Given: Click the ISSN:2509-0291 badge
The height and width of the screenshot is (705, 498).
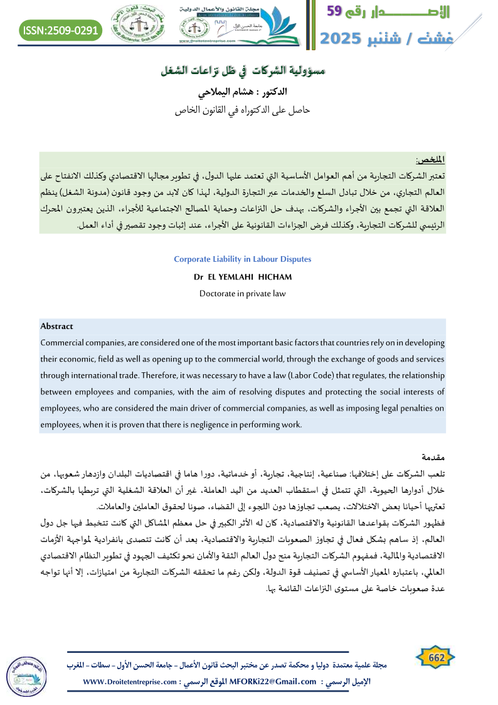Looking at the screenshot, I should coord(61,29).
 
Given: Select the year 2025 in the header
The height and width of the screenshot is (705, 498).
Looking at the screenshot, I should coord(342,38).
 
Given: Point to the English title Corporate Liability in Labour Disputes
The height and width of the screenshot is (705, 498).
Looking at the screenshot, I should coord(242,259).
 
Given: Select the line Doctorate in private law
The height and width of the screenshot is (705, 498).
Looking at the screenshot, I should coord(242,293).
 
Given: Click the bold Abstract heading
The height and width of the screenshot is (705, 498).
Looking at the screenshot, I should coord(56,326).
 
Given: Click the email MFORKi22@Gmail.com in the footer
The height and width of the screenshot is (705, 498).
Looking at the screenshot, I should coord(273,682).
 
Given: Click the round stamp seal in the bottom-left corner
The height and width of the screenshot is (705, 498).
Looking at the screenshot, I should coord(26,674).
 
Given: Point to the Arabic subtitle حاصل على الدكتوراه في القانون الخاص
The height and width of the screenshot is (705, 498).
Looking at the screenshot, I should coord(242,111).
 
